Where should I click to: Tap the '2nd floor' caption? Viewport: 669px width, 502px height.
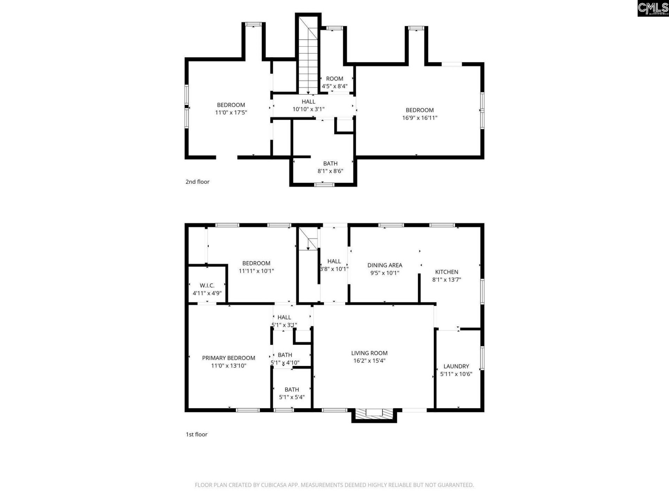[197, 182]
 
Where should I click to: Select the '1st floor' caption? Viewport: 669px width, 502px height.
[196, 434]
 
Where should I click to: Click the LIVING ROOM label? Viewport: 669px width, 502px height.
[369, 353]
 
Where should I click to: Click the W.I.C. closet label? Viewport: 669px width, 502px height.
[207, 286]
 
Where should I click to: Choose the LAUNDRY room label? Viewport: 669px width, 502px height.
[456, 366]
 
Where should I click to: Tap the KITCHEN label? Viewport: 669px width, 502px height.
[446, 272]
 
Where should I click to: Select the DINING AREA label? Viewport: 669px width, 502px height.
[385, 265]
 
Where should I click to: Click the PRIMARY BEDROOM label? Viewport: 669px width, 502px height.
[229, 358]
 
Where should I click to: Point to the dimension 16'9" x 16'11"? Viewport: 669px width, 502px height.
[420, 118]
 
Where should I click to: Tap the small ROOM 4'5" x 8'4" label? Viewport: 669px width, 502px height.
[334, 79]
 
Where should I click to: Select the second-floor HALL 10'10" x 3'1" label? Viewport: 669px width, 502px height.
[308, 102]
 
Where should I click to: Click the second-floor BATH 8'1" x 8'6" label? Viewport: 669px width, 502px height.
[330, 163]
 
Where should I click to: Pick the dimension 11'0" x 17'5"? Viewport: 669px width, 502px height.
[231, 113]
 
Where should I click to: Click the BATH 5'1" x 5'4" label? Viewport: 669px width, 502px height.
[292, 390]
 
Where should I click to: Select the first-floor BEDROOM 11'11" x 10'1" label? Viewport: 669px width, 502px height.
[256, 264]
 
